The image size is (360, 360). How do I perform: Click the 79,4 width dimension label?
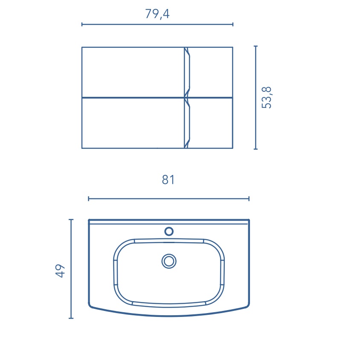click(x=157, y=14)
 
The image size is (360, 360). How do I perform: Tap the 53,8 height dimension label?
click(x=266, y=98)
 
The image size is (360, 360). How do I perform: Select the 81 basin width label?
click(x=168, y=180)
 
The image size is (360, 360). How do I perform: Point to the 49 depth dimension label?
click(x=60, y=271)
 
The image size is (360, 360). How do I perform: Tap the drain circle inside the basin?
click(x=169, y=261)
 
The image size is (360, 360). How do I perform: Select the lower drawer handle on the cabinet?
click(x=187, y=123)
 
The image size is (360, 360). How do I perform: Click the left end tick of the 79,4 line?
click(x=82, y=24)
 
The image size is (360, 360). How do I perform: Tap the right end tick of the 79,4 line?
click(x=233, y=24)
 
